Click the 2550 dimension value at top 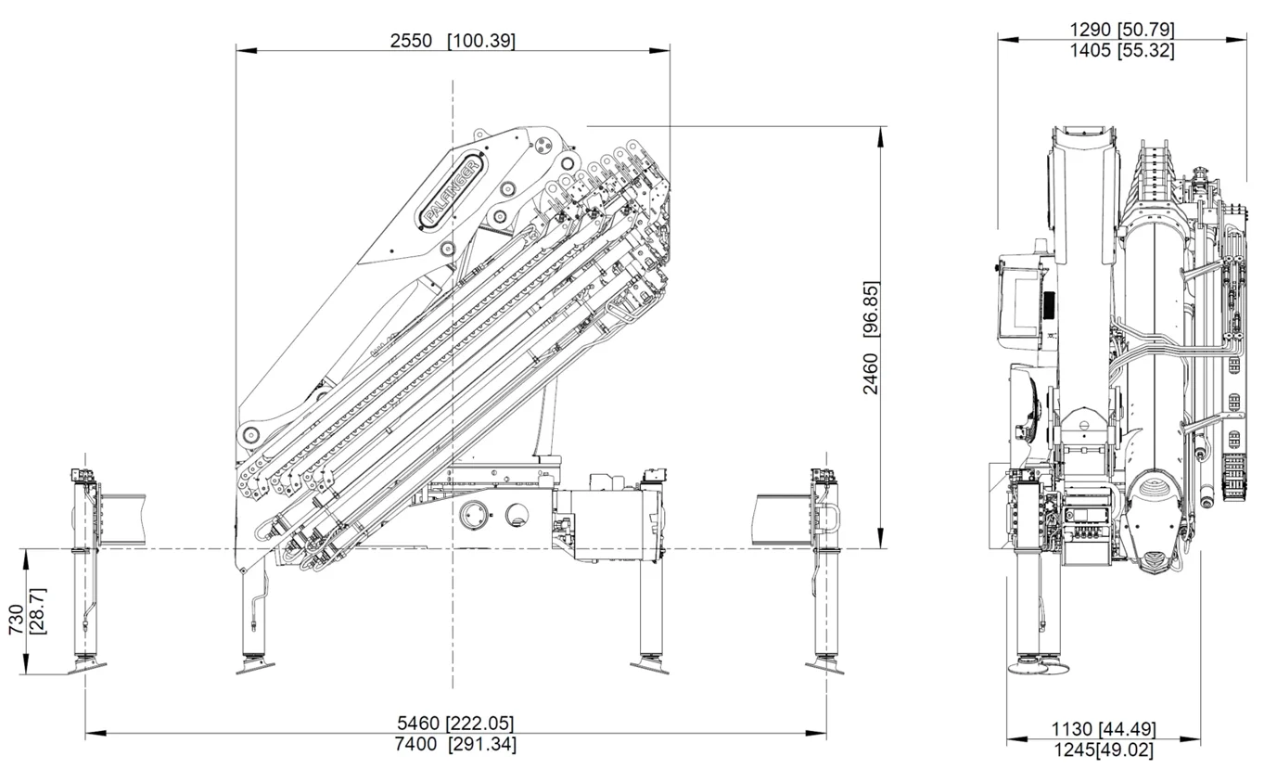point(411,41)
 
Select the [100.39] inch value point(481,41)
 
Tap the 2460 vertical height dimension point(871,373)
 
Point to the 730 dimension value point(16,619)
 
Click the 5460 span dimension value point(418,724)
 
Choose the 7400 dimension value point(415,745)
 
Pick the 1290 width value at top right point(1091,30)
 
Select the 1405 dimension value point(1091,51)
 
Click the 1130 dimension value point(1072,729)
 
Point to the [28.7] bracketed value point(38,611)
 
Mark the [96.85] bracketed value point(871,310)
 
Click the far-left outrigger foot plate point(86,667)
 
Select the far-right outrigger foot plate point(825,667)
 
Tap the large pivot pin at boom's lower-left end point(248,435)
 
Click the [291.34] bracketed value point(482,745)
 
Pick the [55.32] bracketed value point(1146,51)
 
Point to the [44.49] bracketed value point(1128,729)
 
